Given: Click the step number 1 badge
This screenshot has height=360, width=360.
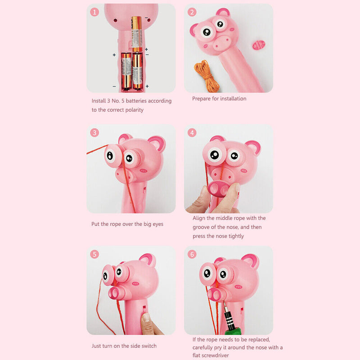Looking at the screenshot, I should point(94,12).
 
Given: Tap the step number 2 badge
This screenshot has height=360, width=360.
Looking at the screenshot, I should point(192,12).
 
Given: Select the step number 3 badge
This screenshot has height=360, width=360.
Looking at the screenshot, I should point(94,132).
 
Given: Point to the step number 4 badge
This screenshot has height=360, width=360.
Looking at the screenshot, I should point(192,132).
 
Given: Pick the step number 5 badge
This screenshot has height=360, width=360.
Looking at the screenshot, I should point(94,254).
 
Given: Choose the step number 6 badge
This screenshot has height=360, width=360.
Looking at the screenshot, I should point(192,254).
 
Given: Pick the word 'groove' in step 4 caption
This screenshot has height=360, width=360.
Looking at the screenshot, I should point(202,227).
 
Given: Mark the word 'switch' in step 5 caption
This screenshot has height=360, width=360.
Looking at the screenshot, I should point(147,346).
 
